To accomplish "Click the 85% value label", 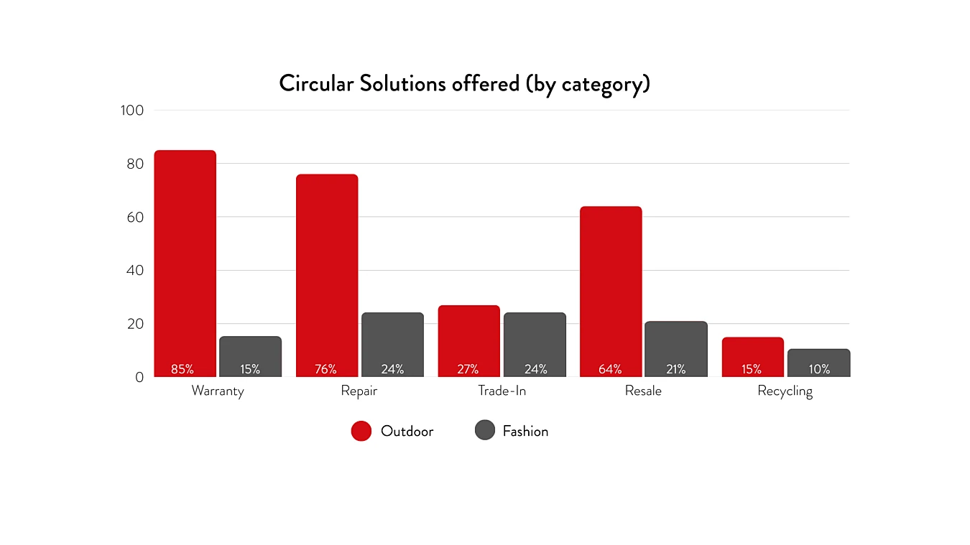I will pyautogui.click(x=183, y=369).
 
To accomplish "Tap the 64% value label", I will pyautogui.click(x=610, y=369).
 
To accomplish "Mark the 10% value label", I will pyautogui.click(x=819, y=369).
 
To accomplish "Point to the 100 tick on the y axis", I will pyautogui.click(x=132, y=111).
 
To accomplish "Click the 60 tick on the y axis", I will pyautogui.click(x=136, y=217).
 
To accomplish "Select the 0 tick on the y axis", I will pyautogui.click(x=139, y=377).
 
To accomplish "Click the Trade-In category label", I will pyautogui.click(x=502, y=391).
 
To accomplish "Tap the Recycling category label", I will pyautogui.click(x=785, y=391).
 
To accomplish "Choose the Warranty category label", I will pyautogui.click(x=218, y=391).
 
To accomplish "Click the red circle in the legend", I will pyautogui.click(x=361, y=431).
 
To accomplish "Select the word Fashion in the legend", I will pyautogui.click(x=525, y=431).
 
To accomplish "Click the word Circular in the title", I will pyautogui.click(x=316, y=83).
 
